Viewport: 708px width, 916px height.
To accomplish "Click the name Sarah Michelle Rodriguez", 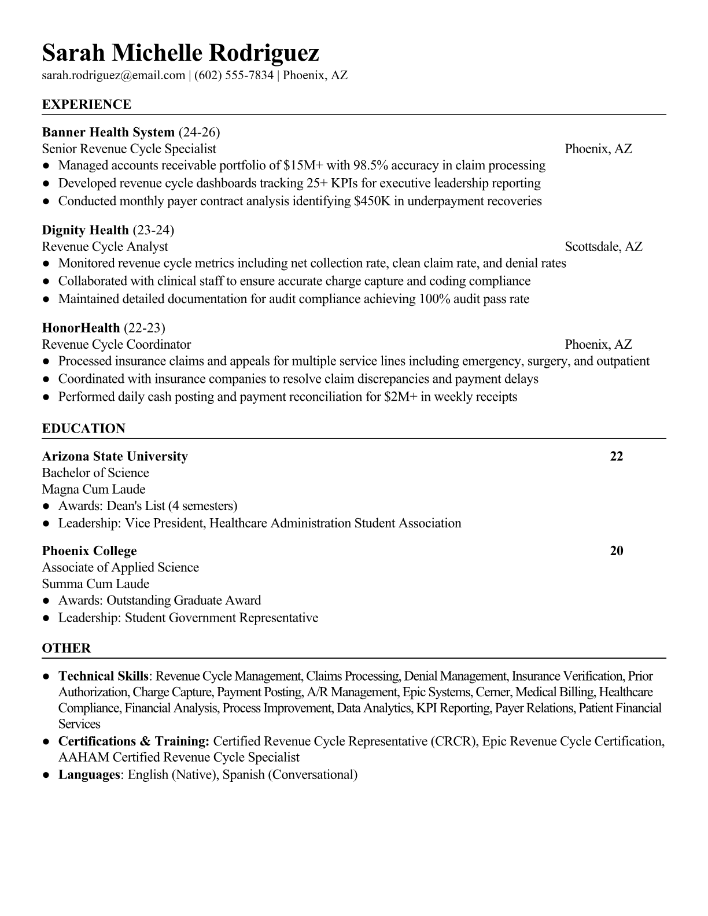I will pos(180,53).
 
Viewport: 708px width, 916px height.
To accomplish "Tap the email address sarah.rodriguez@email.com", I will pos(113,75).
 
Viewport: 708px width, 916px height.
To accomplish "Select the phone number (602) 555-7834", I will pos(234,75).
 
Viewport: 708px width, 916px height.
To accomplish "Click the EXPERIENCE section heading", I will pos(87,105).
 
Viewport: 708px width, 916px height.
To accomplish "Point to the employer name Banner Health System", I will pos(108,132).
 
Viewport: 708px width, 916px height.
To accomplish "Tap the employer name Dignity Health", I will pos(85,230).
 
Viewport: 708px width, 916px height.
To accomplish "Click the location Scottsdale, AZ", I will pos(603,247).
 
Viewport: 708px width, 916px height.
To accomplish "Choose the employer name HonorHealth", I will pos(81,328).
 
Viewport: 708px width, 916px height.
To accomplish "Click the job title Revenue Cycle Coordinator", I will pos(116,345).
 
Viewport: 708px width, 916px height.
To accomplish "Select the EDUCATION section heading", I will pos(83,429).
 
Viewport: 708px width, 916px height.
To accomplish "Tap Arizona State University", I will pos(115,456).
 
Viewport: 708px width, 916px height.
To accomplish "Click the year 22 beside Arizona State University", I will pos(617,456).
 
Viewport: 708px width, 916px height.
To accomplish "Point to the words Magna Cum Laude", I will pos(94,489).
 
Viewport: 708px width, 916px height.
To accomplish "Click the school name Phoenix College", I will pos(90,551).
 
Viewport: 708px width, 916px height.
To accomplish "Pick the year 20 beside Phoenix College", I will pos(617,551).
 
